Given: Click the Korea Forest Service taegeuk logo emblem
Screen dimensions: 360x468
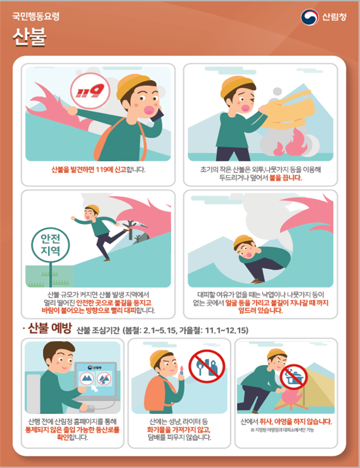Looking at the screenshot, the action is [x=310, y=17].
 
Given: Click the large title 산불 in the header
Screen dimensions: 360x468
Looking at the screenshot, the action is [x=29, y=37].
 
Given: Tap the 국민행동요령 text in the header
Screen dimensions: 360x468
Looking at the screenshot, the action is [x=36, y=16].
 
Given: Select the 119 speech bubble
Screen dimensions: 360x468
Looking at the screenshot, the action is [x=90, y=91].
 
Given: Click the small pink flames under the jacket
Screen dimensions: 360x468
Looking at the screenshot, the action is [x=291, y=143].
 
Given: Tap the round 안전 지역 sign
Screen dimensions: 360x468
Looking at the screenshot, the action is [x=50, y=245].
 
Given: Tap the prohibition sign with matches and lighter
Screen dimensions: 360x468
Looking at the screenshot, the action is [x=207, y=366].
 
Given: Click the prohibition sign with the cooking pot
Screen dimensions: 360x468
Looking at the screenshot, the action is [x=293, y=377].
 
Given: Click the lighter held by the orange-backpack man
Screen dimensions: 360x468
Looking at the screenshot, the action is [x=182, y=371].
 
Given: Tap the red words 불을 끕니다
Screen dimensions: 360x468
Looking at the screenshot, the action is [x=286, y=178].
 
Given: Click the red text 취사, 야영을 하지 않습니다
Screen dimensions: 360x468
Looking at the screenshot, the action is [x=296, y=422].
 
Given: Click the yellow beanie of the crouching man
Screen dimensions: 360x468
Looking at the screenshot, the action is [x=243, y=241].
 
